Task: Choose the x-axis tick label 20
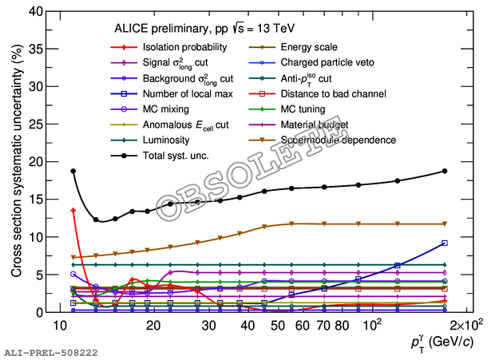click(153, 326)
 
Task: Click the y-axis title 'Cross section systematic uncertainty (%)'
click(14, 161)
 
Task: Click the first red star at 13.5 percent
click(73, 211)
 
